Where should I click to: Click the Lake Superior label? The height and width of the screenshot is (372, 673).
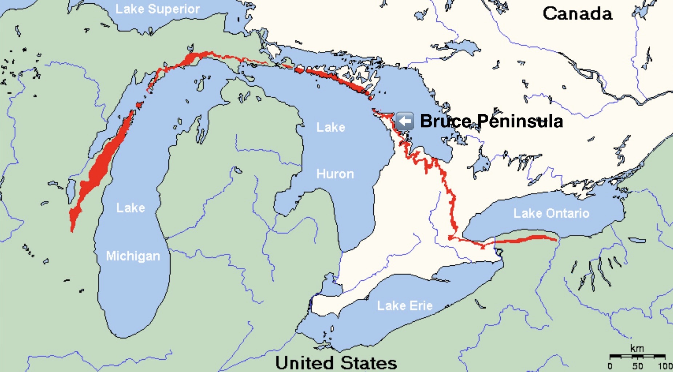[x=157, y=9]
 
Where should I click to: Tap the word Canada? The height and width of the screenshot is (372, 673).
[x=577, y=14]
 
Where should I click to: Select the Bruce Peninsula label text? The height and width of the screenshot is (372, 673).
[x=491, y=121]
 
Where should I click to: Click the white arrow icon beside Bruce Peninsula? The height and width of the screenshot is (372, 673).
[x=404, y=121]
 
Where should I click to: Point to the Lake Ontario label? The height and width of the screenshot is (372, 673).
[x=551, y=213]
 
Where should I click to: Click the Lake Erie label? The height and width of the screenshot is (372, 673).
[x=405, y=306]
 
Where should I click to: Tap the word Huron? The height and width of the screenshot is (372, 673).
[x=335, y=174]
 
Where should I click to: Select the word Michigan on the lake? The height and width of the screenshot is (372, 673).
[x=133, y=256]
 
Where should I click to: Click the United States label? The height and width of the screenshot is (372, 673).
[x=336, y=363]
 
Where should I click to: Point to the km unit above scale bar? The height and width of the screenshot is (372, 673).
[x=637, y=349]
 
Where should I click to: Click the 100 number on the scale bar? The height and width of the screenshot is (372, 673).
[x=665, y=366]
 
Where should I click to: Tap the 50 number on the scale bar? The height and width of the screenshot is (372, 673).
[x=637, y=366]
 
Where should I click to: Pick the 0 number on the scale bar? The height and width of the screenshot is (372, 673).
[x=610, y=366]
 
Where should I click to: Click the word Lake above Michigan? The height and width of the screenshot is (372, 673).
[x=131, y=208]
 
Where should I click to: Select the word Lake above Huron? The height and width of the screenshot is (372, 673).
[x=331, y=127]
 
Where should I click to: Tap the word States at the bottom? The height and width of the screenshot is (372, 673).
[x=369, y=363]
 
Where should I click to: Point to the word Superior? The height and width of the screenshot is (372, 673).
[x=173, y=9]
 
